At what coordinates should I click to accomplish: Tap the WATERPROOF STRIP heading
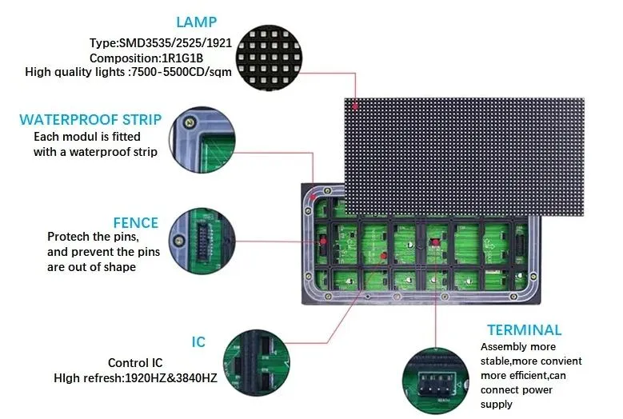click(x=90, y=120)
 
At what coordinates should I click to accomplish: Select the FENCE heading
click(x=136, y=222)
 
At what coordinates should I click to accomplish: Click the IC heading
click(x=198, y=342)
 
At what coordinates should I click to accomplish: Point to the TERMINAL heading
click(x=524, y=329)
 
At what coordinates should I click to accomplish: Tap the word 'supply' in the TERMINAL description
click(x=498, y=404)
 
